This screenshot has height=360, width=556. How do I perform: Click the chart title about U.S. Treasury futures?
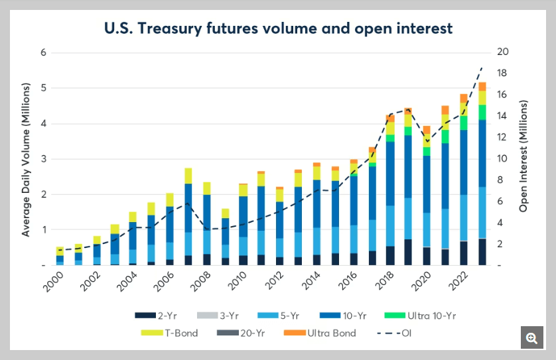pos(277,29)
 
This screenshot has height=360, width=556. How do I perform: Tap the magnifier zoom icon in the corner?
pos(532,338)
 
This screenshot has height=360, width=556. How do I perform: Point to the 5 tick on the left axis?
pos(43,88)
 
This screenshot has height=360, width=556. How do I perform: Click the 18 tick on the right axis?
pos(503,74)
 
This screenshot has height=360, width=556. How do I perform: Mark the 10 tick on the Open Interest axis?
pos(503,159)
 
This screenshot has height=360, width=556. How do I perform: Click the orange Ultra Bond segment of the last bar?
pos(482,86)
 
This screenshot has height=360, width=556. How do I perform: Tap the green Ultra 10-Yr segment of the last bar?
pos(482,112)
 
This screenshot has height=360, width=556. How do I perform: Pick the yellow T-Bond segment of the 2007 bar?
pos(188,176)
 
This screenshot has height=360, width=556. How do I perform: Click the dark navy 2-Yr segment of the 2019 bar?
pos(409,252)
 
